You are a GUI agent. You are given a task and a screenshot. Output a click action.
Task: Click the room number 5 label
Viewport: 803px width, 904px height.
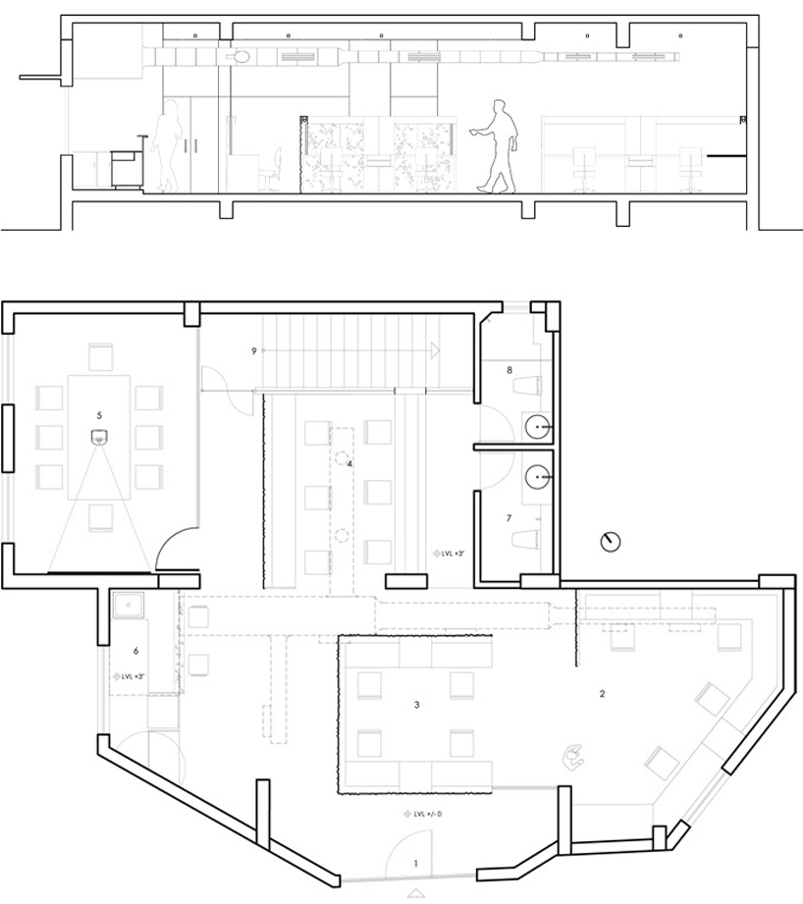tap(100, 415)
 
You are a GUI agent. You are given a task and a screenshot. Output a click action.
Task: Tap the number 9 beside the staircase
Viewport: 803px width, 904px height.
tap(253, 351)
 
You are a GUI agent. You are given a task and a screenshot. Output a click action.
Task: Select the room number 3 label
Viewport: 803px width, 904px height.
tap(417, 705)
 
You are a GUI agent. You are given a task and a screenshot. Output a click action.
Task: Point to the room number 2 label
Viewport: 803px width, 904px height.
tap(602, 694)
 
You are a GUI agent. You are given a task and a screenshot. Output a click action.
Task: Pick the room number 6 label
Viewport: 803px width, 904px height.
tap(135, 651)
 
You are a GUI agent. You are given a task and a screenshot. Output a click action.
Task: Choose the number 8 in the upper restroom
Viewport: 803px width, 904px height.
tap(509, 370)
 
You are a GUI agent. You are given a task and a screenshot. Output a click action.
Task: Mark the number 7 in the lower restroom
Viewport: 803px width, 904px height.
tap(509, 517)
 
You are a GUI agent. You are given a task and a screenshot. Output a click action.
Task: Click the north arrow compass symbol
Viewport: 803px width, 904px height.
tap(612, 541)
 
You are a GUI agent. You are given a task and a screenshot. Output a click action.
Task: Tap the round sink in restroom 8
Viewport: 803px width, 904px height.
tap(537, 427)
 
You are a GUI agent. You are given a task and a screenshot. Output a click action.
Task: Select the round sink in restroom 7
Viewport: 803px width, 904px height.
tap(537, 478)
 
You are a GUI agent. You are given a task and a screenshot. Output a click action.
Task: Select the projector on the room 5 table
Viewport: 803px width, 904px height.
tap(99, 438)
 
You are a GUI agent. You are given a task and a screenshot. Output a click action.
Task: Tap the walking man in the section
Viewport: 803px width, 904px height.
tap(498, 145)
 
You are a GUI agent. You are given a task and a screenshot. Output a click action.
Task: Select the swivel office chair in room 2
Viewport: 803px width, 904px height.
tap(572, 755)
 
